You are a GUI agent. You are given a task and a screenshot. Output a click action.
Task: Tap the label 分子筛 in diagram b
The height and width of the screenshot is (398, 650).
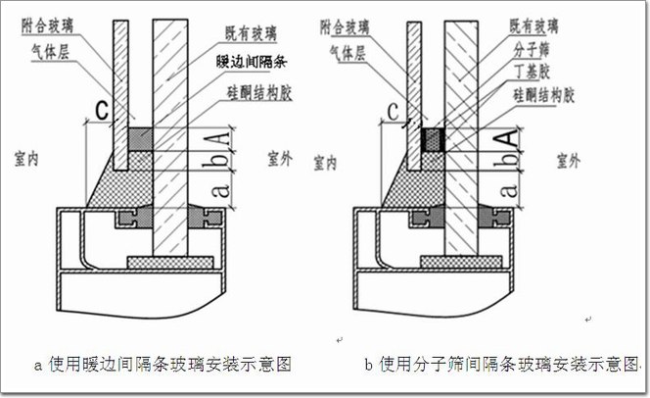pos(530,45)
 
